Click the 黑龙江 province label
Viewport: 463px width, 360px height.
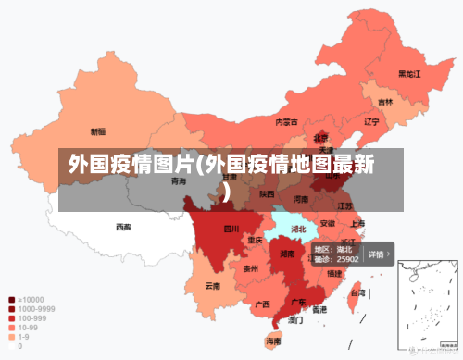click(x=409, y=73)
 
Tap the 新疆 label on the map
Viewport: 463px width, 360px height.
click(x=97, y=131)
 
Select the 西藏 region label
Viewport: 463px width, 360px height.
click(x=123, y=227)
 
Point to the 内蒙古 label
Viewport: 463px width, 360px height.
click(x=286, y=121)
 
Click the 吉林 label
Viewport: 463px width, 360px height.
click(x=384, y=102)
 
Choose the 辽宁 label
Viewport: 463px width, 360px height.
click(x=371, y=121)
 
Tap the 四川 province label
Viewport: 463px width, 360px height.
click(x=231, y=229)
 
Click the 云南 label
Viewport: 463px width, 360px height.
click(x=213, y=286)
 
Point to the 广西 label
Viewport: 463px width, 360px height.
click(x=262, y=304)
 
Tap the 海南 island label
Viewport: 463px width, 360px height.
click(x=273, y=341)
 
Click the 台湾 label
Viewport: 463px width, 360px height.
click(x=356, y=292)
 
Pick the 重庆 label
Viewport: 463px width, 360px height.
click(x=256, y=240)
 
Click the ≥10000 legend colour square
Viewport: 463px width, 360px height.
click(x=11, y=300)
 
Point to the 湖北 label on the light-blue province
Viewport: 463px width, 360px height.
click(x=298, y=229)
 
